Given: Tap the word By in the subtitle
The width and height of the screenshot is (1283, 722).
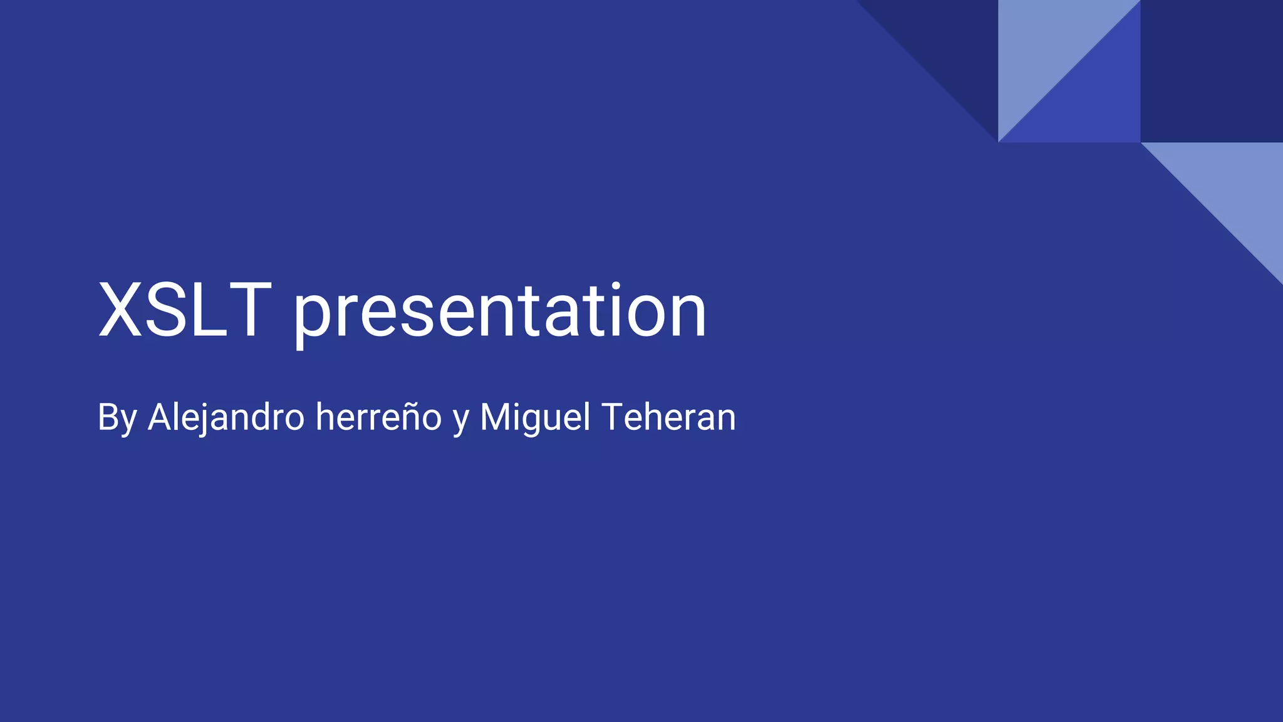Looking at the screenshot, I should (x=117, y=417).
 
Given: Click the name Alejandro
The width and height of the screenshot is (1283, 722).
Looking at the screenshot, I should (x=226, y=417).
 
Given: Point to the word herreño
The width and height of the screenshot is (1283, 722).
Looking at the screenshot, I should (x=378, y=417).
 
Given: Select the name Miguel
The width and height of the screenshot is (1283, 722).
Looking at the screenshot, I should (x=535, y=417).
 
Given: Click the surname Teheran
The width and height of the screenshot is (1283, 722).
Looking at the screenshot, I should (x=668, y=417).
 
